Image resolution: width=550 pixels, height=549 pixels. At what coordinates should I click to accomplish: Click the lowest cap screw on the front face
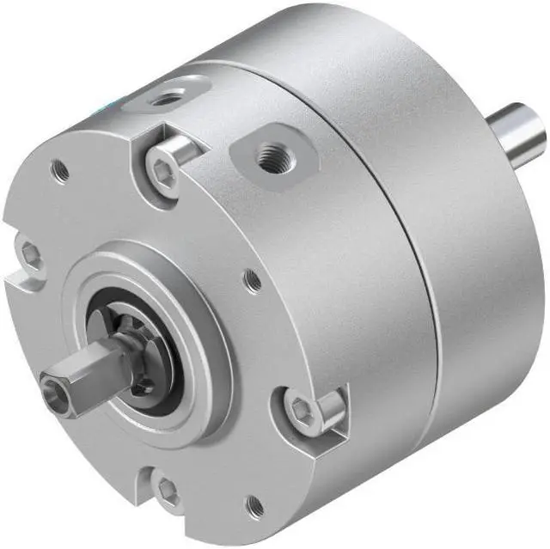pyautogui.click(x=168, y=493)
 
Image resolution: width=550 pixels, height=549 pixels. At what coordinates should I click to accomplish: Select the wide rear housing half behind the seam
pyautogui.click(x=464, y=258)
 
